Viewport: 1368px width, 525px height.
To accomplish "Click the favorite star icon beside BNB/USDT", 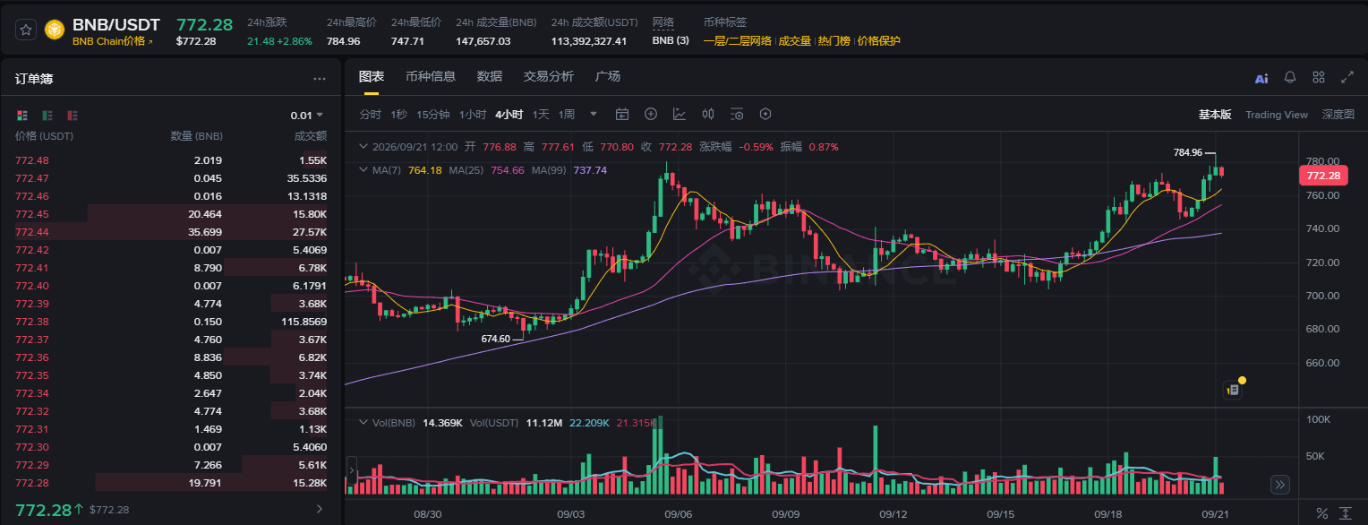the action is coord(26,30).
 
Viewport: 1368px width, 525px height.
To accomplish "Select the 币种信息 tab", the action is coord(431,76).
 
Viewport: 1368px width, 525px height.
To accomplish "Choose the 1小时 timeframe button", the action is coord(473,115).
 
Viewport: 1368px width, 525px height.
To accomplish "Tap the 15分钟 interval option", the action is coord(433,115).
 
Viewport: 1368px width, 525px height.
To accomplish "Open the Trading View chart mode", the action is coord(1277,115).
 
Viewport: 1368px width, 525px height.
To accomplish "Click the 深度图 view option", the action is coord(1338,115).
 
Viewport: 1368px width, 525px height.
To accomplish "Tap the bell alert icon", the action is coord(1290,77).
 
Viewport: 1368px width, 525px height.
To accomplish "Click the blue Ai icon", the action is coord(1261,78).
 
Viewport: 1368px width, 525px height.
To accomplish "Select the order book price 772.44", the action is coord(31,232).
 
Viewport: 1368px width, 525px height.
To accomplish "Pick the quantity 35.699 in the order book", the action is coord(205,232).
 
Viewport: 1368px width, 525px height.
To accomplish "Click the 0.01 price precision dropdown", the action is coord(306,116).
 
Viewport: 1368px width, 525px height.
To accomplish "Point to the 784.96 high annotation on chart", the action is coord(1188,152).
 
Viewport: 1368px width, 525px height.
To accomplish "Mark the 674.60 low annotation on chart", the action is coord(495,339).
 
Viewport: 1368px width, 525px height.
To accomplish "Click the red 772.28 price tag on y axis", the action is coord(1323,176).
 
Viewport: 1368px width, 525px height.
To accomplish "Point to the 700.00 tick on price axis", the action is coord(1322,296).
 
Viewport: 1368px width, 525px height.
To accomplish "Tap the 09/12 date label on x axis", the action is coord(893,514).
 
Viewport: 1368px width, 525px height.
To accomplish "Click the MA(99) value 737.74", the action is coord(590,170).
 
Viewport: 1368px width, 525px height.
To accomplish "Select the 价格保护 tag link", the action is coord(878,41).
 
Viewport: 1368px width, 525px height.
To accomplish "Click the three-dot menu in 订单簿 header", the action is coord(320,79).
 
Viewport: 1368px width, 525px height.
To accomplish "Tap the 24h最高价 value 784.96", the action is coord(343,41).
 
